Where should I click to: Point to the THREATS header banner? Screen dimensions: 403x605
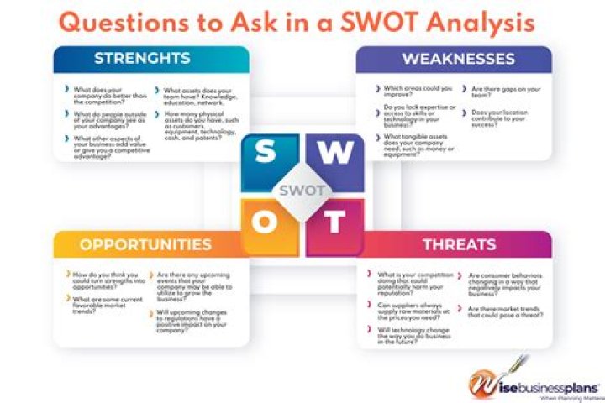458,244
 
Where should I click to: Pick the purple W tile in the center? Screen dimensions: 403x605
336,153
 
